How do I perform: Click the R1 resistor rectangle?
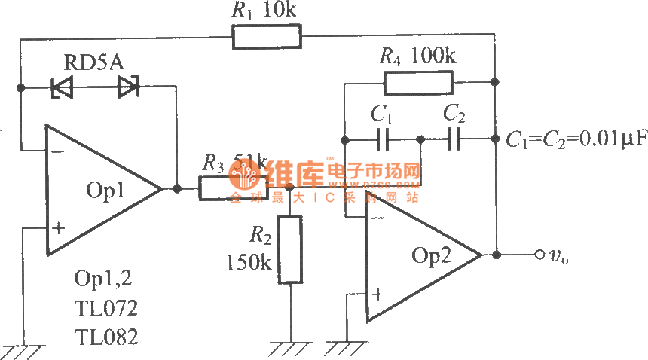267,35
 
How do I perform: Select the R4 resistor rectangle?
418,81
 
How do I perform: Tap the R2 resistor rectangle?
290,249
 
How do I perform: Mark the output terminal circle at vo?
539,255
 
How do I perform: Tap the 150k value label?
248,263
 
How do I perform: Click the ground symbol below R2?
290,348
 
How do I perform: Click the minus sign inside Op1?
57,150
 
